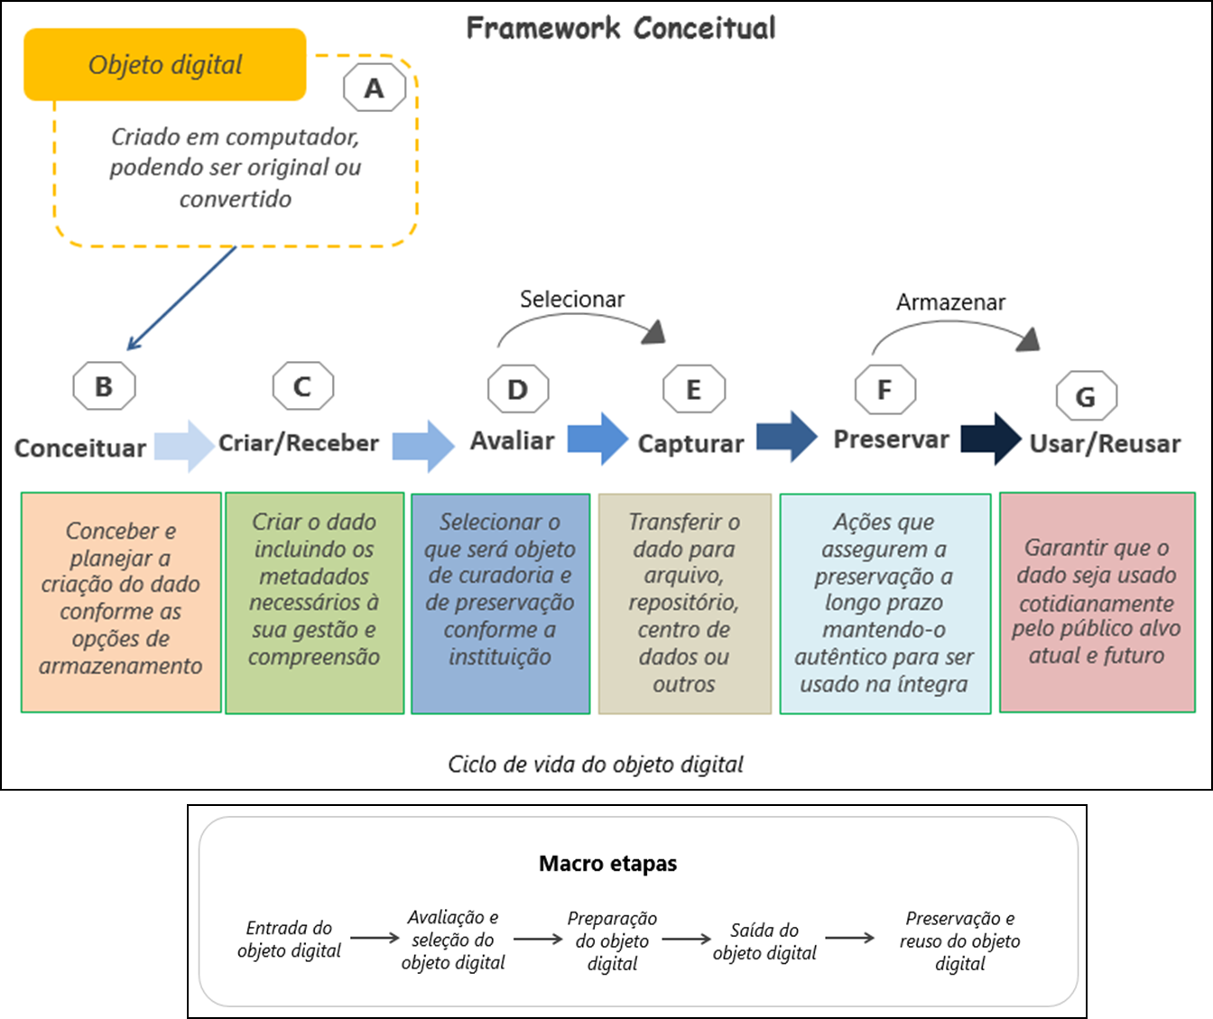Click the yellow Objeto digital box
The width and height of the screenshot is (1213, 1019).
(165, 65)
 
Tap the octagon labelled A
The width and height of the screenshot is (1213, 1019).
(375, 88)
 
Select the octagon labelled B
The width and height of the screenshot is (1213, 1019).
(104, 386)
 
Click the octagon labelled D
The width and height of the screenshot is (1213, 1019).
(517, 390)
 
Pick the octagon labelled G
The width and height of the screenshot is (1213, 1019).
(1086, 396)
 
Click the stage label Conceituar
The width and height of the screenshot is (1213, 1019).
(80, 448)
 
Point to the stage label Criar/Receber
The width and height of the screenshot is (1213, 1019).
(299, 443)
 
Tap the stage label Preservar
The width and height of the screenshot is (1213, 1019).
(891, 440)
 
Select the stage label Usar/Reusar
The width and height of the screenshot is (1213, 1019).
(1105, 444)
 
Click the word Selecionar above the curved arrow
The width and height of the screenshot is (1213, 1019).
(572, 299)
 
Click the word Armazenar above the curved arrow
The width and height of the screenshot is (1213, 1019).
(950, 302)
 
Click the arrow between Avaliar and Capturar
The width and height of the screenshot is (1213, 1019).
(597, 439)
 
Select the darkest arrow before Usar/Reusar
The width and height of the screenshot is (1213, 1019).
(991, 439)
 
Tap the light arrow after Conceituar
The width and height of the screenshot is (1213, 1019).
(184, 446)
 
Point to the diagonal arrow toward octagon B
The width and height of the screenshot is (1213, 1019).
(181, 298)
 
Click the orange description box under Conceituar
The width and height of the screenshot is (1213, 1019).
(121, 602)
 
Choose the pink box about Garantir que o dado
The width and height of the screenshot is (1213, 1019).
(1097, 602)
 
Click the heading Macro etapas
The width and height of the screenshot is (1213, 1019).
(607, 864)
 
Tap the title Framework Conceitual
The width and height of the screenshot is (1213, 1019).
(621, 28)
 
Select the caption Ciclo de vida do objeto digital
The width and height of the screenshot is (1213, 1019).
(596, 764)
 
